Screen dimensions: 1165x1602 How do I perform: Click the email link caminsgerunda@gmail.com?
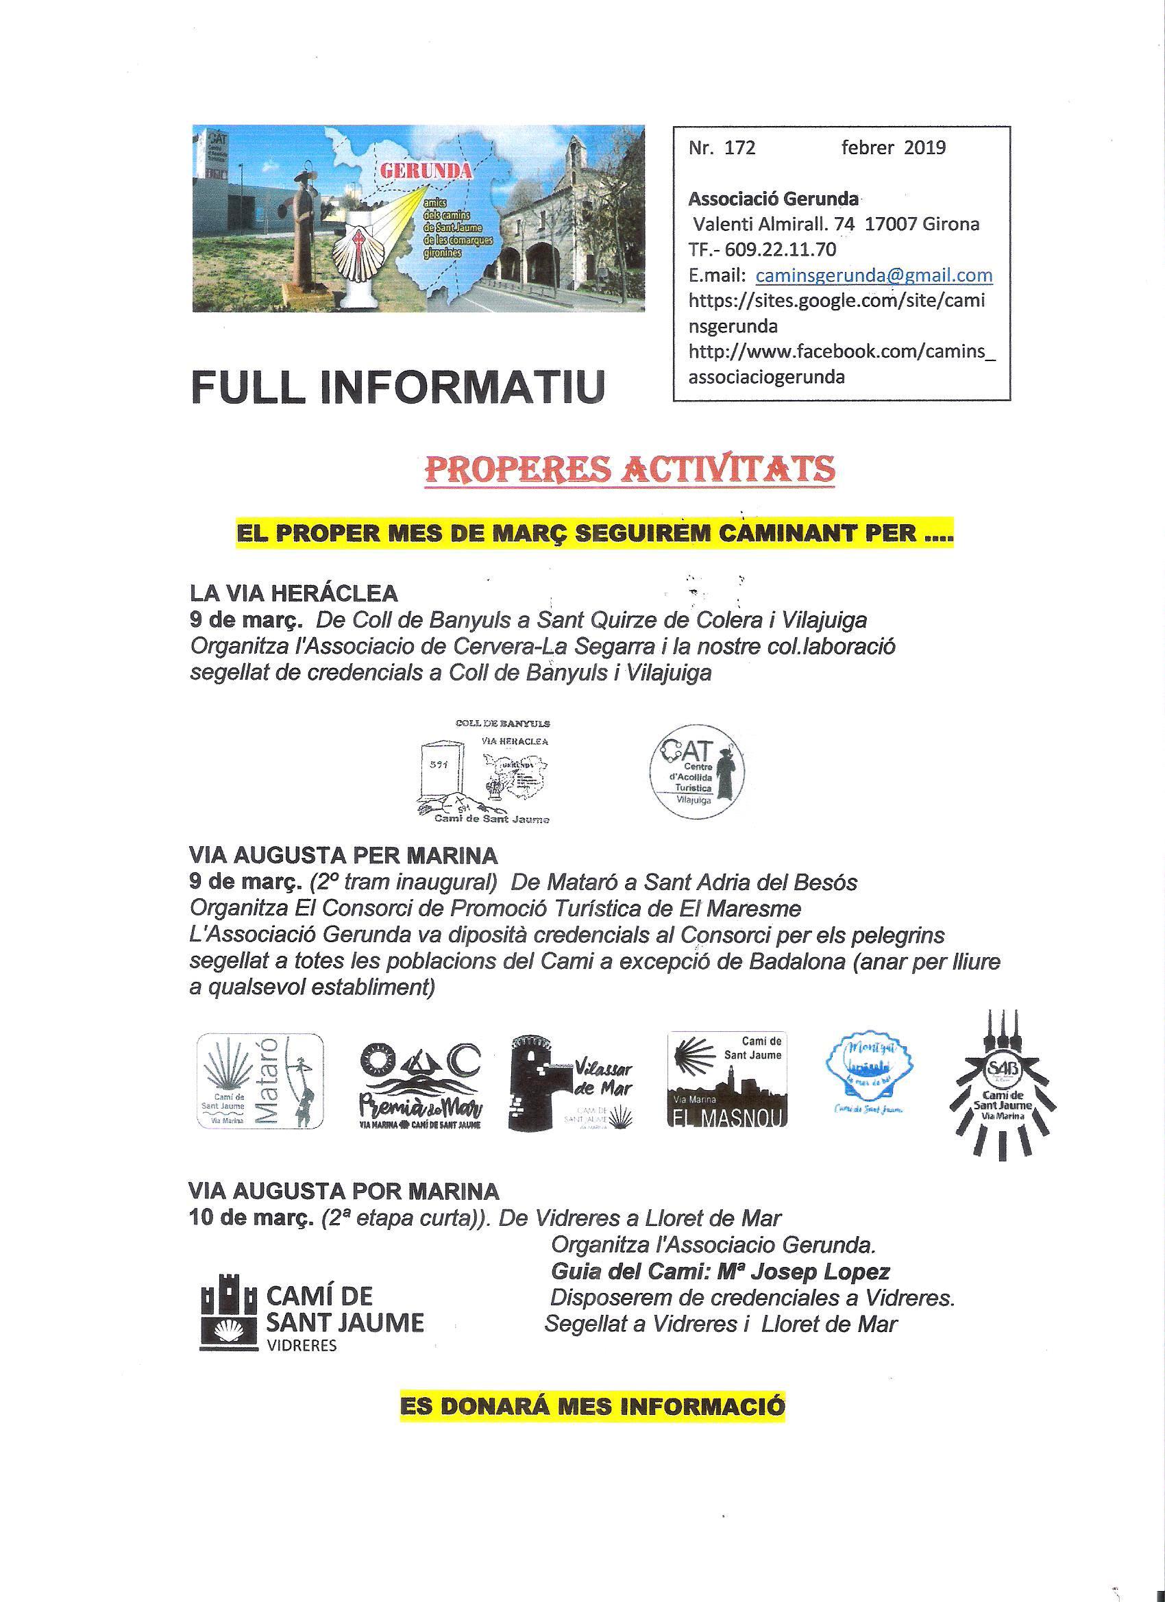(x=874, y=275)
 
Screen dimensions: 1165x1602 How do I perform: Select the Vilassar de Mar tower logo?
(x=572, y=1082)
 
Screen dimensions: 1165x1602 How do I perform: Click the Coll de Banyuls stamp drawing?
(x=482, y=772)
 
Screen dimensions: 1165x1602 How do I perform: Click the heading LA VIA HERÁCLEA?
(x=294, y=591)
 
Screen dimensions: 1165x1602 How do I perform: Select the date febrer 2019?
(x=893, y=147)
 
